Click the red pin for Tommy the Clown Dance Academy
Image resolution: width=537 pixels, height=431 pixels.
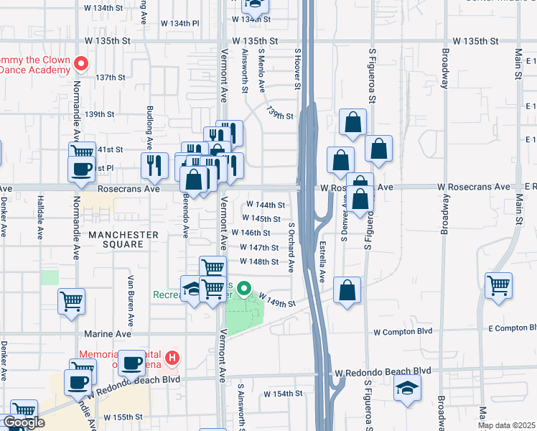tap(81, 64)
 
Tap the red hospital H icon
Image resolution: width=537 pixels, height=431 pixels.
tap(172, 356)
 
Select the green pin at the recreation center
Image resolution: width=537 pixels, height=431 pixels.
tap(244, 290)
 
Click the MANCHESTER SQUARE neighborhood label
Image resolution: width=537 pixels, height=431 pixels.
tap(123, 239)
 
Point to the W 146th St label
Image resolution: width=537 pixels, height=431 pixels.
tap(251, 233)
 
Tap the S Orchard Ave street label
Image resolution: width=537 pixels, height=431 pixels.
tap(291, 247)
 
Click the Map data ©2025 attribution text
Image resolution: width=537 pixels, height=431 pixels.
tap(506, 425)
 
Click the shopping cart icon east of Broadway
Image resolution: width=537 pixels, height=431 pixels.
tap(498, 284)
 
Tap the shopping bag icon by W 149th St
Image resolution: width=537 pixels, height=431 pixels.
tap(347, 290)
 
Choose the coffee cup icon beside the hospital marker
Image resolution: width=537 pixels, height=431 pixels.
tap(131, 363)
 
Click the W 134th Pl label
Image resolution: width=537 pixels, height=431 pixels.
tap(179, 24)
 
